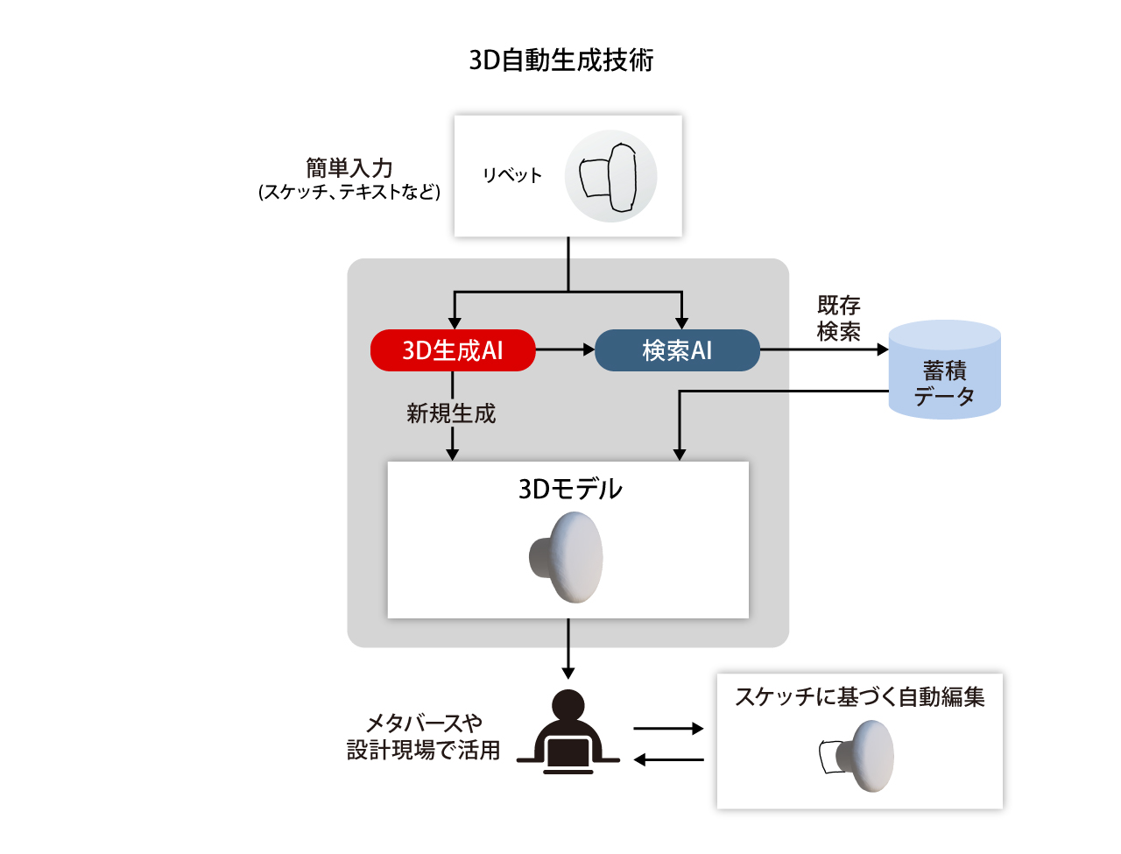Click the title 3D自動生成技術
(x=560, y=60)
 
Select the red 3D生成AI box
(x=453, y=350)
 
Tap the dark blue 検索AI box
(x=677, y=350)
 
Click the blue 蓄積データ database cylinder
(x=944, y=370)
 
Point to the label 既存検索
(x=838, y=318)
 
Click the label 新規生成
(x=451, y=413)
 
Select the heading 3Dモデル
(x=570, y=489)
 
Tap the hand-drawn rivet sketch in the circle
(x=610, y=177)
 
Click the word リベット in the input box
(x=512, y=175)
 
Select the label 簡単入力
(x=349, y=167)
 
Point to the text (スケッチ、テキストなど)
(x=349, y=192)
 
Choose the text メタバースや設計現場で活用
(x=424, y=737)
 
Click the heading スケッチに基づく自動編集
(x=859, y=696)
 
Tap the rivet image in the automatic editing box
(x=858, y=756)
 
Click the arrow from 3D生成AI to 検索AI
(x=565, y=350)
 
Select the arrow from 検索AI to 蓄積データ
(x=823, y=350)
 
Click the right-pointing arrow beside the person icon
(x=668, y=728)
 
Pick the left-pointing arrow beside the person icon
(x=668, y=759)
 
